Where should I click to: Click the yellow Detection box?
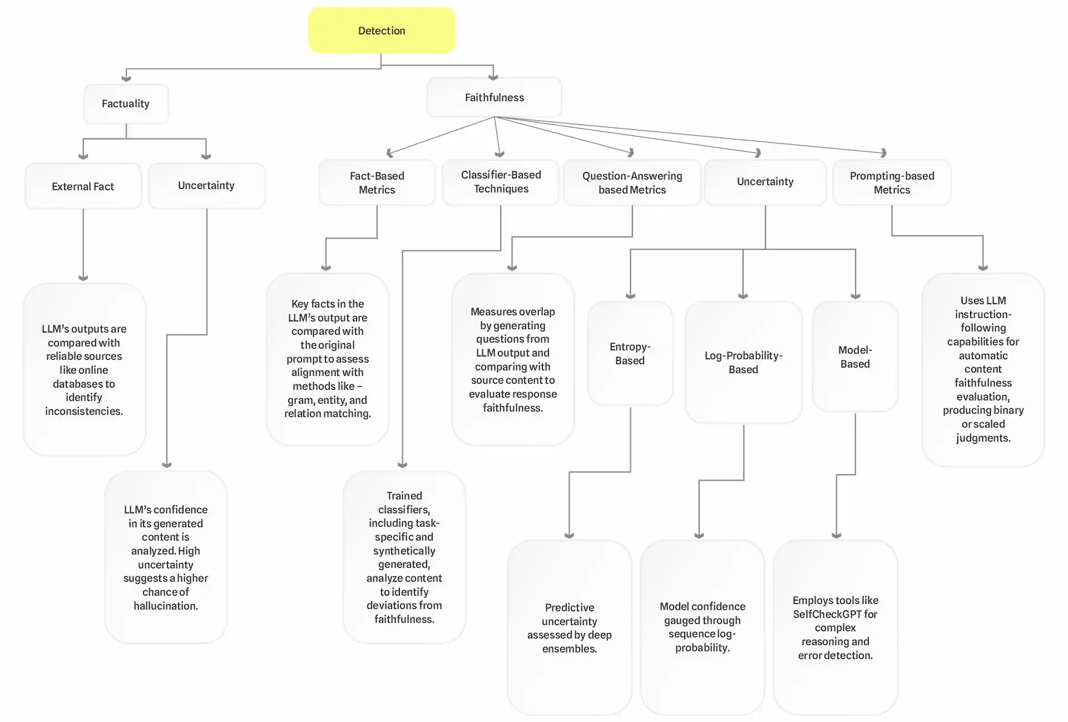382,31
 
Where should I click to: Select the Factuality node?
126,104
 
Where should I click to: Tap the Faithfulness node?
494,97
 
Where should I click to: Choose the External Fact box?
83,186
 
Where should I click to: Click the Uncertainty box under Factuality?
206,186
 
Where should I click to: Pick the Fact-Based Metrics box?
377,182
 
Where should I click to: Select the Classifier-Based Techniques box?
501,182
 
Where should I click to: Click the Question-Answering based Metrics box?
632,182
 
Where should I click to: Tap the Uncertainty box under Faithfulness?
765,182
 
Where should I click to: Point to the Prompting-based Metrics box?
892,182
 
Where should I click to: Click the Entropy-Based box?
630,354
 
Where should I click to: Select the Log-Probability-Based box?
743,362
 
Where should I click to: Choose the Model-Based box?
855,357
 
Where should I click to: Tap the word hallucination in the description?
165,606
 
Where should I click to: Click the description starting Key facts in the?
327,359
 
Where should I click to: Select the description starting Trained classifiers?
404,557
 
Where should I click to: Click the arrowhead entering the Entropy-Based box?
630,296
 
